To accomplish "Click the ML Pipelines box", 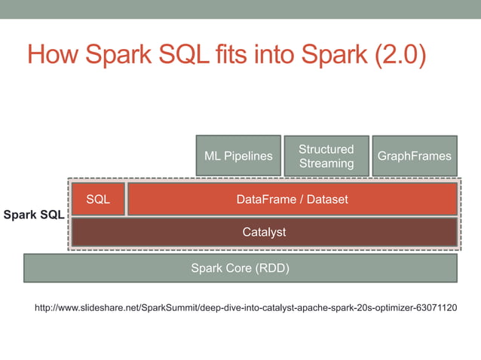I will pyautogui.click(x=238, y=156).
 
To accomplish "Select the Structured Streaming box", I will pyautogui.click(x=326, y=156).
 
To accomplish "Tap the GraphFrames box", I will pyautogui.click(x=414, y=156).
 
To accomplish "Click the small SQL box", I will pyautogui.click(x=98, y=200).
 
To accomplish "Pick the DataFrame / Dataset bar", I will pyautogui.click(x=293, y=200).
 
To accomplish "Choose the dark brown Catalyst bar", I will pyautogui.click(x=264, y=232).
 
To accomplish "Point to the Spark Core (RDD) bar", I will pyautogui.click(x=240, y=268).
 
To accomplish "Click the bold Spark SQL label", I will pyautogui.click(x=34, y=215).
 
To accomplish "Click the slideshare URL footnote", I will pyautogui.click(x=246, y=308).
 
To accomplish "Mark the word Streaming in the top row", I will pyautogui.click(x=326, y=163).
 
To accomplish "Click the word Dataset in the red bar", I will pyautogui.click(x=328, y=200).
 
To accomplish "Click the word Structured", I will pyautogui.click(x=326, y=149).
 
